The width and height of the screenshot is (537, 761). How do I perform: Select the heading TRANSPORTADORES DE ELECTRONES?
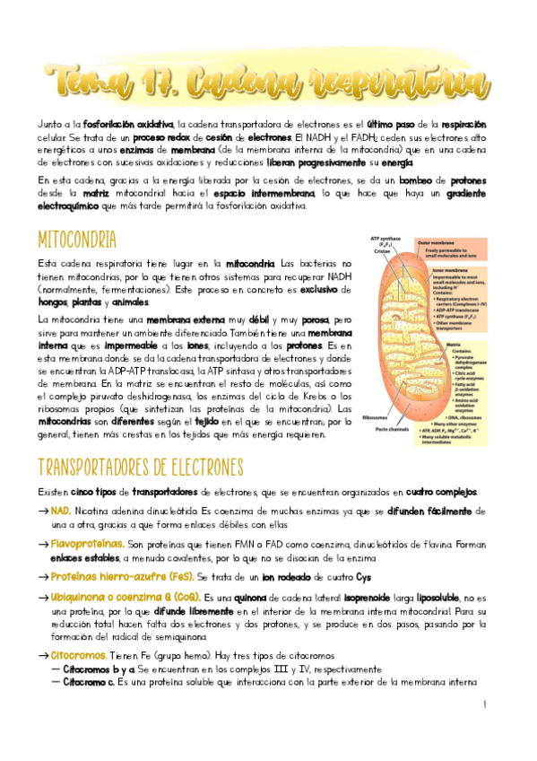(x=141, y=468)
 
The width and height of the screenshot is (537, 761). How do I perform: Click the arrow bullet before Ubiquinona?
(x=43, y=598)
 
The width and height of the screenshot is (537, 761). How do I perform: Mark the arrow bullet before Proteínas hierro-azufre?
(x=43, y=576)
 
